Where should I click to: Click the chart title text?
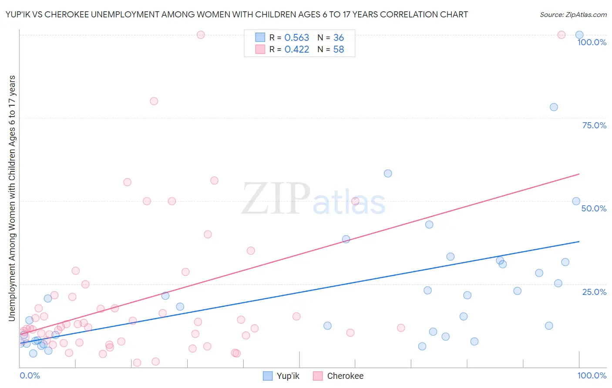point(237,14)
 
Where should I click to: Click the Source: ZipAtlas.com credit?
point(573,14)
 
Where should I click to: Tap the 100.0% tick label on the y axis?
point(592,42)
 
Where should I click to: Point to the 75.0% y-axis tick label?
point(594,125)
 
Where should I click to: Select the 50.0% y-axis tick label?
point(594,208)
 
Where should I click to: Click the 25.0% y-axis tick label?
point(594,292)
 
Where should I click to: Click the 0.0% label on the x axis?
point(30,375)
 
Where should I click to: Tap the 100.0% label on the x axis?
point(592,375)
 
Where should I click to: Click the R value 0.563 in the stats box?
point(296,38)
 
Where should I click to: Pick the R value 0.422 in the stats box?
point(296,50)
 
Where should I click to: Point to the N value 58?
point(339,50)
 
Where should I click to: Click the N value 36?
point(339,38)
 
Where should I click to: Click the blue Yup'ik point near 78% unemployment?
point(554,107)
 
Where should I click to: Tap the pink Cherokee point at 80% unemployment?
point(154,101)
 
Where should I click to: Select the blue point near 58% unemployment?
point(388,174)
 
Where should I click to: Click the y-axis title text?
point(12,198)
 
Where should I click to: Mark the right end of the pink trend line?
point(579,174)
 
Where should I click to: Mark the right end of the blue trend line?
point(579,241)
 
